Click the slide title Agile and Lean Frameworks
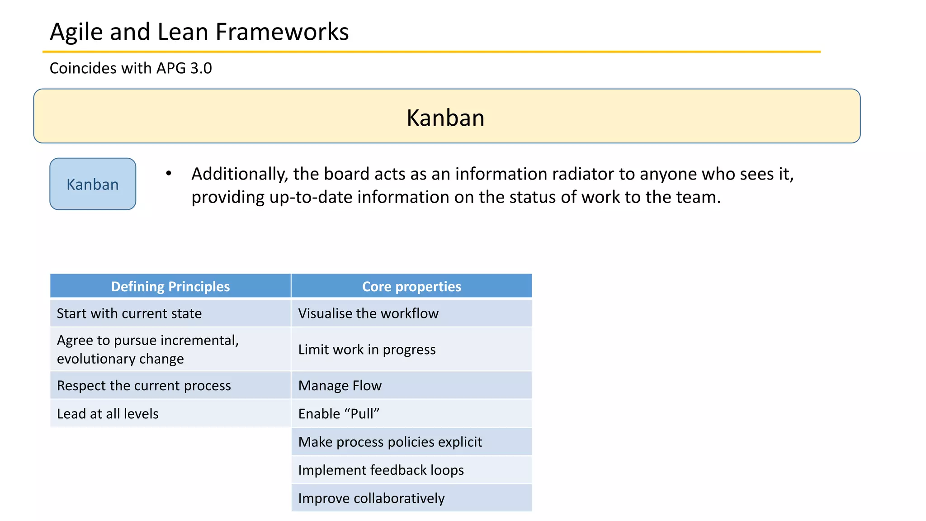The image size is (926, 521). pos(199,32)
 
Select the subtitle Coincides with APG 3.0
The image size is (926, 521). pos(130,68)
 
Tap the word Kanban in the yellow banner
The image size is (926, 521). pos(445,118)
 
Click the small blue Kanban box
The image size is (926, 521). pos(93,184)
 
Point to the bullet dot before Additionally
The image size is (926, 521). pos(169,173)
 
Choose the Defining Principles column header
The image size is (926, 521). pos(170,286)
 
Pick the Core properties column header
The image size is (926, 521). pos(411,286)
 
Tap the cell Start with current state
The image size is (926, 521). pos(129,313)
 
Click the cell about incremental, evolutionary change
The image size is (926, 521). pos(147,349)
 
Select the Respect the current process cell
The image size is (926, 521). pos(144,386)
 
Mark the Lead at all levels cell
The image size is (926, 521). pos(108,414)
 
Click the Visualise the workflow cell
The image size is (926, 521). pos(368,313)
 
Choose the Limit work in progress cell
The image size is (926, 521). pos(367,350)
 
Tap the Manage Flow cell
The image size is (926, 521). pos(340,386)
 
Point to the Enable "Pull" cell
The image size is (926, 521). pos(339,414)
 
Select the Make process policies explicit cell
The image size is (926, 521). pos(390,442)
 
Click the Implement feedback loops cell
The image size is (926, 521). pos(381,470)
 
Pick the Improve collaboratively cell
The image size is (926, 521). pos(371,498)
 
